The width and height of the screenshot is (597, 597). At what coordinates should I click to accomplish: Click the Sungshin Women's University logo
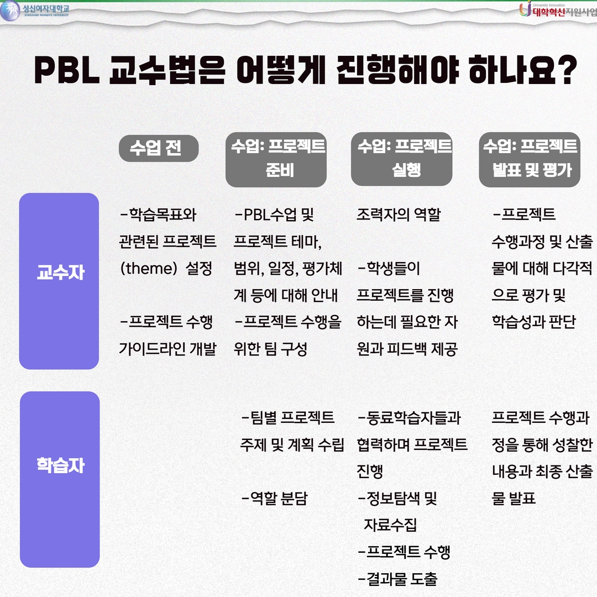click(x=35, y=11)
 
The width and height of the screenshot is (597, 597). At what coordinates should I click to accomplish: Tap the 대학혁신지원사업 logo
click(x=558, y=10)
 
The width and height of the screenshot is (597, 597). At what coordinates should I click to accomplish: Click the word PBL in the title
click(x=67, y=70)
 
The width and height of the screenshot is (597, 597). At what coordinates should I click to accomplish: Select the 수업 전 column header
click(x=159, y=148)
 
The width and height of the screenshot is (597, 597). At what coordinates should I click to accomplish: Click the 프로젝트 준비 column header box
click(x=276, y=160)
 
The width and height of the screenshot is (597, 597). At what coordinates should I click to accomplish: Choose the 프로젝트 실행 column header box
click(x=402, y=159)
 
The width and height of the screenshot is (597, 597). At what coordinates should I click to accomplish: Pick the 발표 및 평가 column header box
click(x=530, y=160)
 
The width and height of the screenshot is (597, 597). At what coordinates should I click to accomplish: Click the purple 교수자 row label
click(x=59, y=281)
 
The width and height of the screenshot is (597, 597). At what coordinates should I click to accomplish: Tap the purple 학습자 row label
click(x=60, y=479)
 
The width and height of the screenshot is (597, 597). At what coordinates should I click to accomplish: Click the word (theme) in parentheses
click(x=149, y=269)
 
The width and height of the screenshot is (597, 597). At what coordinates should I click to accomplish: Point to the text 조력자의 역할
click(x=399, y=214)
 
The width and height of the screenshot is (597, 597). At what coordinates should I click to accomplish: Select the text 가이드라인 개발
click(x=167, y=349)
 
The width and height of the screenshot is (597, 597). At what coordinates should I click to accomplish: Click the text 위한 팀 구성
click(x=270, y=349)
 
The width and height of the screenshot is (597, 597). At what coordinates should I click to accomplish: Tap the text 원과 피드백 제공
click(x=407, y=349)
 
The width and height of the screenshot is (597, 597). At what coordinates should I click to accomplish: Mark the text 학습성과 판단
click(x=534, y=322)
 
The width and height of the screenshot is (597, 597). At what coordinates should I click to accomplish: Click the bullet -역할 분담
click(x=275, y=498)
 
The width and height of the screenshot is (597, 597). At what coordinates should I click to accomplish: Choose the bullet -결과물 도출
click(x=397, y=579)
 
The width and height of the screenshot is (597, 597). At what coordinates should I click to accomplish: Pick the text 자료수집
click(x=390, y=525)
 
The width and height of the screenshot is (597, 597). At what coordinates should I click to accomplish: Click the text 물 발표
click(x=514, y=498)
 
